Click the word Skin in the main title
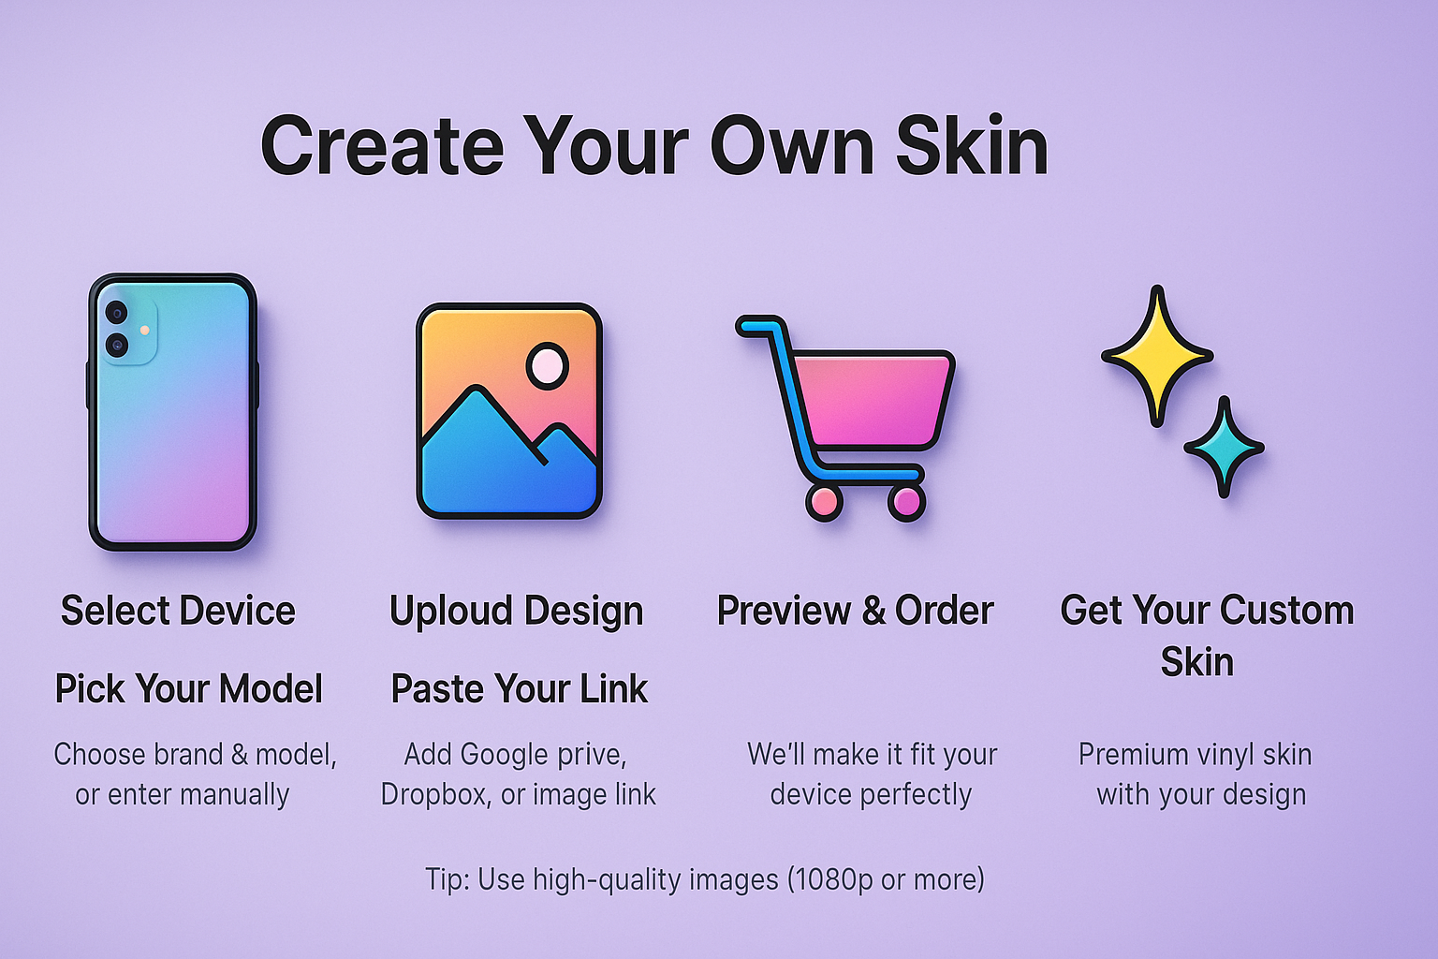(973, 145)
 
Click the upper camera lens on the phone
(117, 314)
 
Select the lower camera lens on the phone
(117, 346)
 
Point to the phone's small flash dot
(145, 330)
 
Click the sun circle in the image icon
(548, 366)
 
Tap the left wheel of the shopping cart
(824, 503)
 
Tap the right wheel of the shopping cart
(906, 503)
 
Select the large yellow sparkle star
(1157, 356)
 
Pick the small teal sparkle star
(1225, 447)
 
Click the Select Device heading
(178, 610)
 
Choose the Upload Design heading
(516, 612)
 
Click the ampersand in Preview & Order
(873, 611)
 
